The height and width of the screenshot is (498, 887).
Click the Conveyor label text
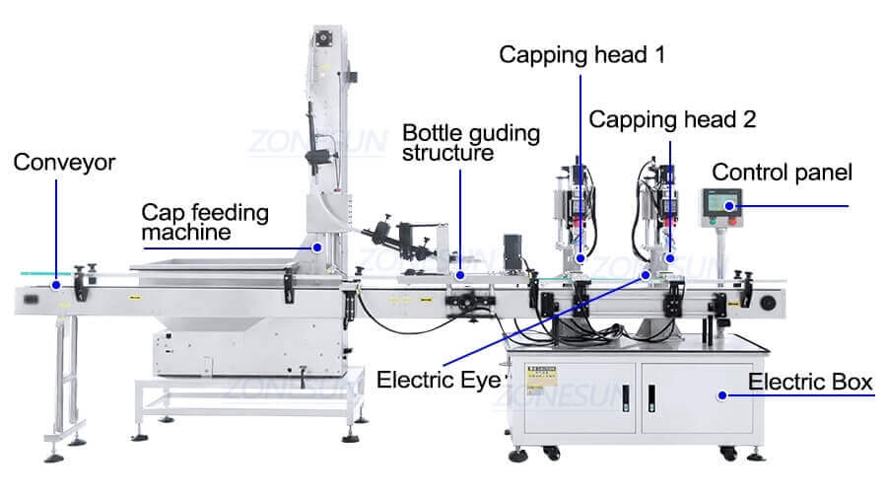[x=64, y=162]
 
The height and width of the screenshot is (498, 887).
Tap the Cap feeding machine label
[x=204, y=222]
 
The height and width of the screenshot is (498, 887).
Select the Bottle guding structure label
[x=470, y=143]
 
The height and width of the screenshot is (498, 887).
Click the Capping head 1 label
[x=581, y=54]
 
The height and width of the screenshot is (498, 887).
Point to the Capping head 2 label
[x=672, y=119]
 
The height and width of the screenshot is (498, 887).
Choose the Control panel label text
[x=782, y=173]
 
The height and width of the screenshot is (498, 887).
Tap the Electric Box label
[x=810, y=383]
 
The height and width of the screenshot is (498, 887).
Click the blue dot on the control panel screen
[x=730, y=206]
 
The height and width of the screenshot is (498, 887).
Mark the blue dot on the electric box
[x=721, y=395]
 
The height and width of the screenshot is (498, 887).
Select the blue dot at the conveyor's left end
[x=56, y=285]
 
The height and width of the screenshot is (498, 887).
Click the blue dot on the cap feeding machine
[x=317, y=246]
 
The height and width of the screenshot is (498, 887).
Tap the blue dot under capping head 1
[x=580, y=258]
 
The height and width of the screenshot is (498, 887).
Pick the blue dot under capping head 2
[x=670, y=258]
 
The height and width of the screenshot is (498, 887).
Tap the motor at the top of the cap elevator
[x=322, y=39]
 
